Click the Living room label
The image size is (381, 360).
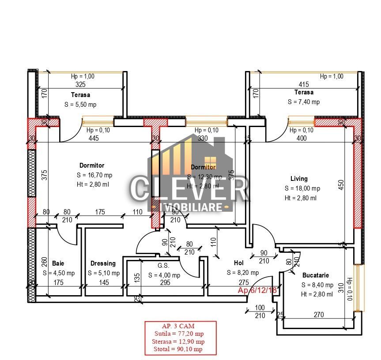(299, 179)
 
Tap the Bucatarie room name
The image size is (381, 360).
(315, 275)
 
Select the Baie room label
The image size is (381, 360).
(58, 263)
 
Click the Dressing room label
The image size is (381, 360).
(103, 263)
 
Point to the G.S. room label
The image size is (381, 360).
(164, 266)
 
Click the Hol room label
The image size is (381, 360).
(238, 263)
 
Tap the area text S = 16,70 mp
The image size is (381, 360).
(94, 175)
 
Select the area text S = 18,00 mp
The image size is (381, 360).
(302, 188)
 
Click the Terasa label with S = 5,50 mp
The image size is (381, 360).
(80, 95)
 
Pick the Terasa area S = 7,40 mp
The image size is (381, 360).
(304, 102)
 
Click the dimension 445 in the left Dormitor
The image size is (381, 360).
(93, 139)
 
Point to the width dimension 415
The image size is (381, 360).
(304, 84)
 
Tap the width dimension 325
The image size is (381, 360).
(80, 85)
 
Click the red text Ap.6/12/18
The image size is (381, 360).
(257, 290)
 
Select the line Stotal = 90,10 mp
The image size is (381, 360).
(180, 349)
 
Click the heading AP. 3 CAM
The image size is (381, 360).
(180, 326)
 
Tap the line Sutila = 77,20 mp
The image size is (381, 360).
(180, 334)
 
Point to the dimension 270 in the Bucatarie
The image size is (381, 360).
(318, 315)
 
